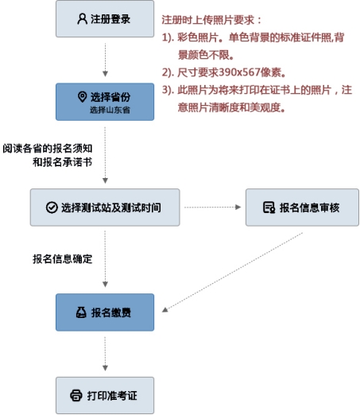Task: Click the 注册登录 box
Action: [x=105, y=19]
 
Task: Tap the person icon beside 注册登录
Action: [x=82, y=19]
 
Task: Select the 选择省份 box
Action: [x=105, y=102]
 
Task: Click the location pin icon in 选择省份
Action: [x=83, y=97]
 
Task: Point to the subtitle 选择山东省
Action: [x=110, y=110]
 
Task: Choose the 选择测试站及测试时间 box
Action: [x=105, y=207]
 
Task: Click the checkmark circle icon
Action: [x=52, y=207]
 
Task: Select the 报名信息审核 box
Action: [x=302, y=207]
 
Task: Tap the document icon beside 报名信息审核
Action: [x=269, y=207]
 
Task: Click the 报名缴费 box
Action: [x=105, y=312]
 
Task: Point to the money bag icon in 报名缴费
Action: [x=81, y=312]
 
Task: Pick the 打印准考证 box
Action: [x=105, y=395]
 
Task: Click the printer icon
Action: [x=76, y=395]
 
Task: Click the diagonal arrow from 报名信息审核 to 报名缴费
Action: [x=232, y=272]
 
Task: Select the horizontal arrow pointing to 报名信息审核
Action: [x=212, y=207]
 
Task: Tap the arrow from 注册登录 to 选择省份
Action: [x=105, y=60]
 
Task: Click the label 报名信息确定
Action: [x=63, y=259]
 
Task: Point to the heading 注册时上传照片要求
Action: [x=208, y=20]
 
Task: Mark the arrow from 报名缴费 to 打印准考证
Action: [x=105, y=354]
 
